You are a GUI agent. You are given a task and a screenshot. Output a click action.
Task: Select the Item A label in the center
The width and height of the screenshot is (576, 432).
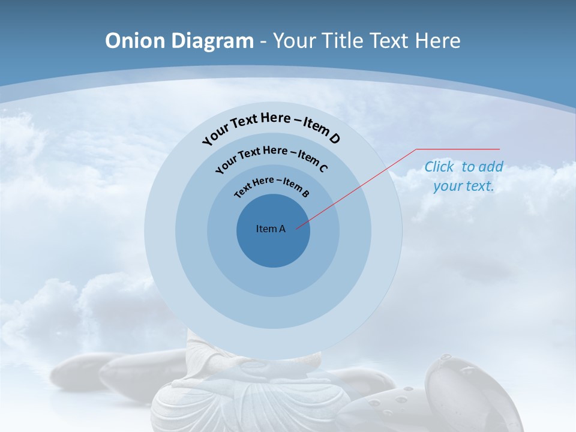[271, 229]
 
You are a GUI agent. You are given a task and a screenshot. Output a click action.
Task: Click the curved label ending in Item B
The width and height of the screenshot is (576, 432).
[271, 185]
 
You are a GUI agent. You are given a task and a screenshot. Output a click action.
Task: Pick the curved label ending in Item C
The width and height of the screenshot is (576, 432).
[271, 157]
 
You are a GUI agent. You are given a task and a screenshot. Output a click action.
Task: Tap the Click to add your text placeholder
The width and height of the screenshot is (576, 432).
[464, 176]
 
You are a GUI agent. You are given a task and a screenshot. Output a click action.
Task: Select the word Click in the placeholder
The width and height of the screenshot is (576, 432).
[439, 167]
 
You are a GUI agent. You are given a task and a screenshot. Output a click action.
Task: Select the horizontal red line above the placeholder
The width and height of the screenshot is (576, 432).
[458, 149]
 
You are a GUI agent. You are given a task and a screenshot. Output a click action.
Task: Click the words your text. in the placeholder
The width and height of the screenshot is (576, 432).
[464, 186]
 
